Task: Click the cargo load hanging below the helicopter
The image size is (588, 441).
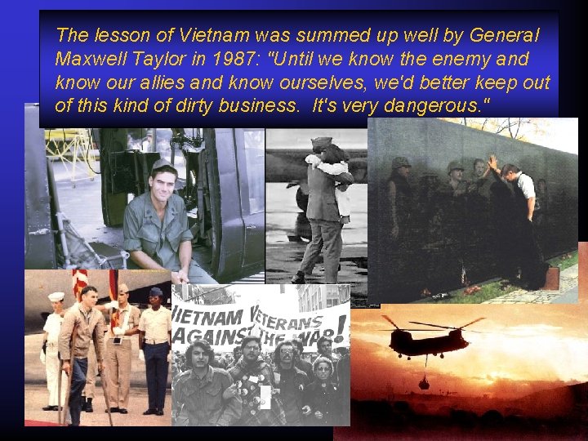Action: tap(423, 382)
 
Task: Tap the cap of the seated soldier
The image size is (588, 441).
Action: tap(163, 167)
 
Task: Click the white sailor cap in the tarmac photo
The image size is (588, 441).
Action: tap(56, 296)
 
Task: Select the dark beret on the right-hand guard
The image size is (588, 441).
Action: tap(155, 292)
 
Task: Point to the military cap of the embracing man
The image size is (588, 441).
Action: tap(322, 142)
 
